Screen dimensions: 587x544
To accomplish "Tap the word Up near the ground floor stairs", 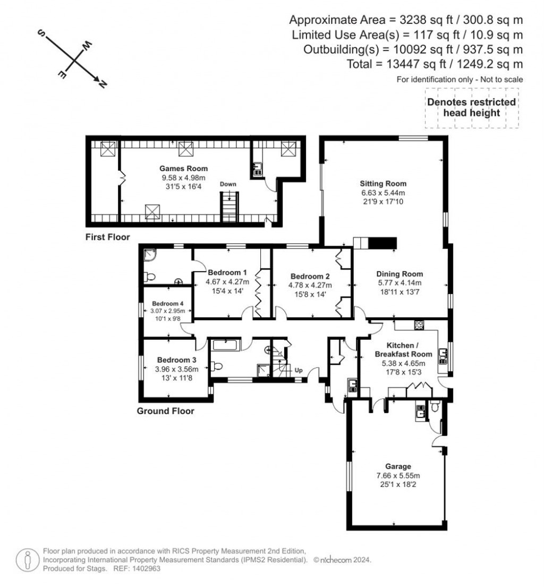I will pos(299,370).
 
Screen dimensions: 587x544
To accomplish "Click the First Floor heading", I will pos(107,237).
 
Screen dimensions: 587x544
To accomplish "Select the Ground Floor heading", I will pos(165,411).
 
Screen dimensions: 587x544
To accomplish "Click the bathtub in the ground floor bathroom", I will pos(226,345).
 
